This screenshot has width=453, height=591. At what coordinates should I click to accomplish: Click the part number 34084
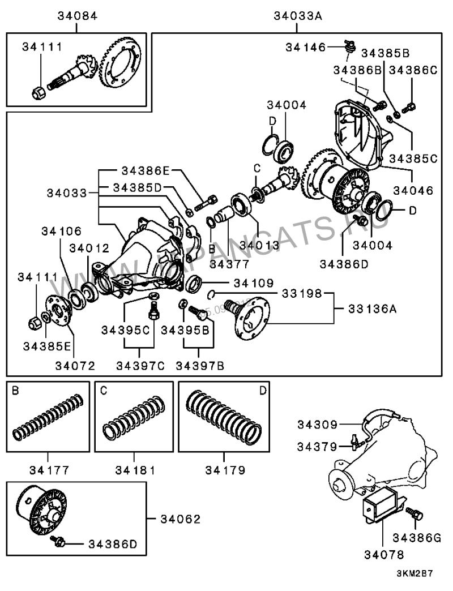pos(77,16)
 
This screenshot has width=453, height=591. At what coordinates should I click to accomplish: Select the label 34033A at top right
pos(298,16)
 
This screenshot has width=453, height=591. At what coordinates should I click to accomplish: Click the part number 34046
pos(413,191)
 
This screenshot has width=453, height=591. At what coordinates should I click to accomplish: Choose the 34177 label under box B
pos(48,469)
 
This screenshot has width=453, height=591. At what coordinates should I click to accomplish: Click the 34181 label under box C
pos(135,469)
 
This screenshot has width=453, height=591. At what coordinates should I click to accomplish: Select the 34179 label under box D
pos(224,469)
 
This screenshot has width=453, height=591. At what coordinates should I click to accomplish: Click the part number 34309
pos(318,423)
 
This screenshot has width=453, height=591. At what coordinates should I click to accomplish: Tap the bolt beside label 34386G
pos(414,513)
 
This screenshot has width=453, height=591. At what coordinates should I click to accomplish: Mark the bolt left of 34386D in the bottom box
pos(57,542)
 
